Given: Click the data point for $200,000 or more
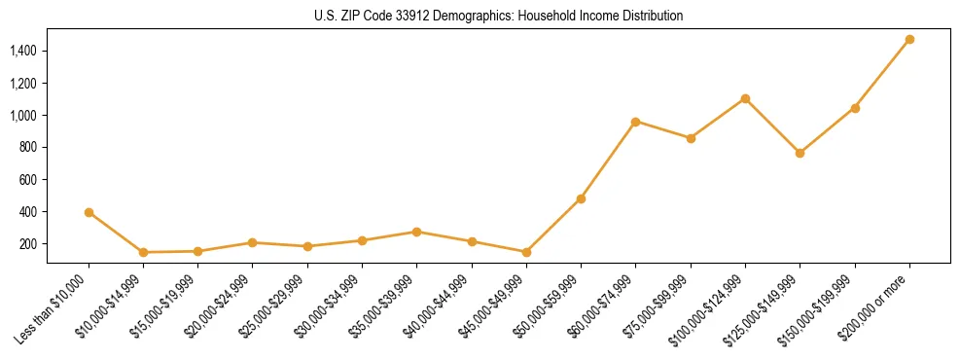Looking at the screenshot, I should (x=909, y=40).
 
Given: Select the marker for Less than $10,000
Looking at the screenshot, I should (x=89, y=212).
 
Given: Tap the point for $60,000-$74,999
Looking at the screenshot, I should (x=635, y=122).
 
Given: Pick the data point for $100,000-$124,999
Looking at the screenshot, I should (x=745, y=98).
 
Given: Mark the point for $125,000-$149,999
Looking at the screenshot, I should (x=800, y=153).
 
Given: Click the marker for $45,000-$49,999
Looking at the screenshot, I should (x=526, y=252).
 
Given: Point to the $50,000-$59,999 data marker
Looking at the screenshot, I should (x=581, y=198).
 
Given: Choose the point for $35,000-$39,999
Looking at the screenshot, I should (x=416, y=232).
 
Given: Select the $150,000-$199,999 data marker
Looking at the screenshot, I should (x=855, y=108).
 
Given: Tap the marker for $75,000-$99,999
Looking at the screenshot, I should (x=691, y=138).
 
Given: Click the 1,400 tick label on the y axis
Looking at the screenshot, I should (x=24, y=51).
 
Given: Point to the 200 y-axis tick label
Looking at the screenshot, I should (x=29, y=244).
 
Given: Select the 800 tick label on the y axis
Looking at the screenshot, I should (x=29, y=148).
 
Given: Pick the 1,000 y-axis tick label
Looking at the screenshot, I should (x=24, y=116).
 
